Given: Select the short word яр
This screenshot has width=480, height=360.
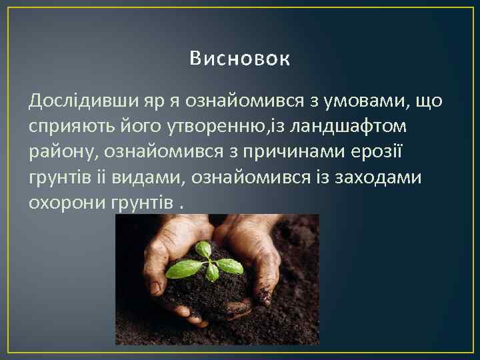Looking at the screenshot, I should (x=154, y=102).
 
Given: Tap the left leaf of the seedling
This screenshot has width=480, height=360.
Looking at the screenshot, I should (x=183, y=269).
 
